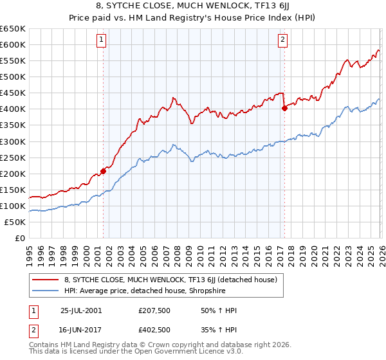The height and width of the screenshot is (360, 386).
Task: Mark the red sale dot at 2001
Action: pyautogui.click(x=103, y=172)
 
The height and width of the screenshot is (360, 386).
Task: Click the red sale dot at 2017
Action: pyautogui.click(x=284, y=109)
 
